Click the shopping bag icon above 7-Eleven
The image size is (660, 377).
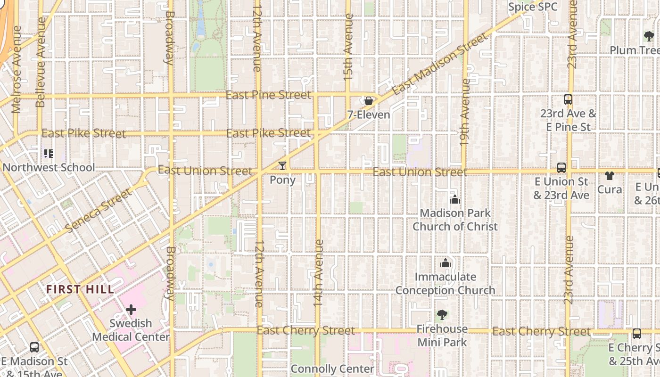coord(368,101)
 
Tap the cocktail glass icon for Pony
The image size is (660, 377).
coord(282,166)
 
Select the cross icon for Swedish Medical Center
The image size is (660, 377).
coord(131,310)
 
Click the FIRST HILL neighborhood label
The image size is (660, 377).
coord(80,289)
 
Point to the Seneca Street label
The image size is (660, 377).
coord(99,211)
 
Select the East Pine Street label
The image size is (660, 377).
coord(268,95)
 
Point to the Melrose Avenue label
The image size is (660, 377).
coord(16,69)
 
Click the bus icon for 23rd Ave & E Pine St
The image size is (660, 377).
coord(568,99)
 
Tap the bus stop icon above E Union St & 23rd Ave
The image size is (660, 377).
coord(561,167)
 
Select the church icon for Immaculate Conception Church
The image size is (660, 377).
coord(445,263)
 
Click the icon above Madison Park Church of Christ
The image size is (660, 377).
coord(455,199)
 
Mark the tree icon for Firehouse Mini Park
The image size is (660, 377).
coord(442,315)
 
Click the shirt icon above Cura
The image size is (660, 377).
coord(610,176)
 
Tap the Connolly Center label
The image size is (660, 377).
coord(332,369)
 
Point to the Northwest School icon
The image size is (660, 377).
coord(48,154)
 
